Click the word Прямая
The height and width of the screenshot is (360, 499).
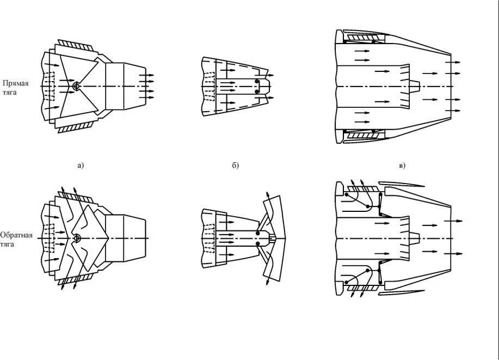point(15,83)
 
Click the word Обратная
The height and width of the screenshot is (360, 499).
point(16,235)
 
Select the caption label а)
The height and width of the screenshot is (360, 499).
point(81,166)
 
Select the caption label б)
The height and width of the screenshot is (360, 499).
point(235,166)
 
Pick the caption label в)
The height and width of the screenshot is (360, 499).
point(403,166)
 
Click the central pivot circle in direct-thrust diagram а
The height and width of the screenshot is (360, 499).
point(76,86)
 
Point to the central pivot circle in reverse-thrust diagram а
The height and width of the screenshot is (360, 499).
point(76,238)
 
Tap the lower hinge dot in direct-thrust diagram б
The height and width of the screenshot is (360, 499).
point(256,92)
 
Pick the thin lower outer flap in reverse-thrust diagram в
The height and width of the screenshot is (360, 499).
point(403,293)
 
